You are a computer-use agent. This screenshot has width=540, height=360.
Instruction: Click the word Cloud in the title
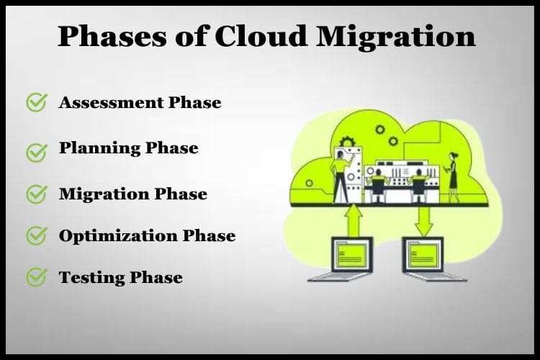(261, 36)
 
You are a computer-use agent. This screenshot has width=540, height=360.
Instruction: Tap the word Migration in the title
(395, 37)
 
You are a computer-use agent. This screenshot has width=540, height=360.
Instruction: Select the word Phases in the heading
(112, 36)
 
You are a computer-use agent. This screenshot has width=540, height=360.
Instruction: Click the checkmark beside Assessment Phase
(37, 102)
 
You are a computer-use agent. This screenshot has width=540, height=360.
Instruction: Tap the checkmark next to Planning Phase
(37, 153)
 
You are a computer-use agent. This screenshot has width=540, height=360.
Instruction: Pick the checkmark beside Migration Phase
(37, 194)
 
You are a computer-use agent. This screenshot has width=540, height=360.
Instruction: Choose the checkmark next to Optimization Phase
(37, 235)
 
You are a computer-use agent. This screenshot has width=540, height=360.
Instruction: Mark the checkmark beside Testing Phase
(37, 277)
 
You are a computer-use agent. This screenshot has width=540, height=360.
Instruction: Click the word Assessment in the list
(111, 102)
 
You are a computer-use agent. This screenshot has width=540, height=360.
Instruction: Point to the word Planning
(99, 149)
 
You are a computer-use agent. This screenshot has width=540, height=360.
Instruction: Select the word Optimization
(117, 236)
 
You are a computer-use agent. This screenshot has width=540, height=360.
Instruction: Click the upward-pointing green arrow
(354, 220)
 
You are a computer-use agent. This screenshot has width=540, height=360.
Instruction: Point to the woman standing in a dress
(453, 177)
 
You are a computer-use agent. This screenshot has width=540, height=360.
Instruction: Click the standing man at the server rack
(341, 177)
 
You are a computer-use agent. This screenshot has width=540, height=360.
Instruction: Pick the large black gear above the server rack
(348, 142)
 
